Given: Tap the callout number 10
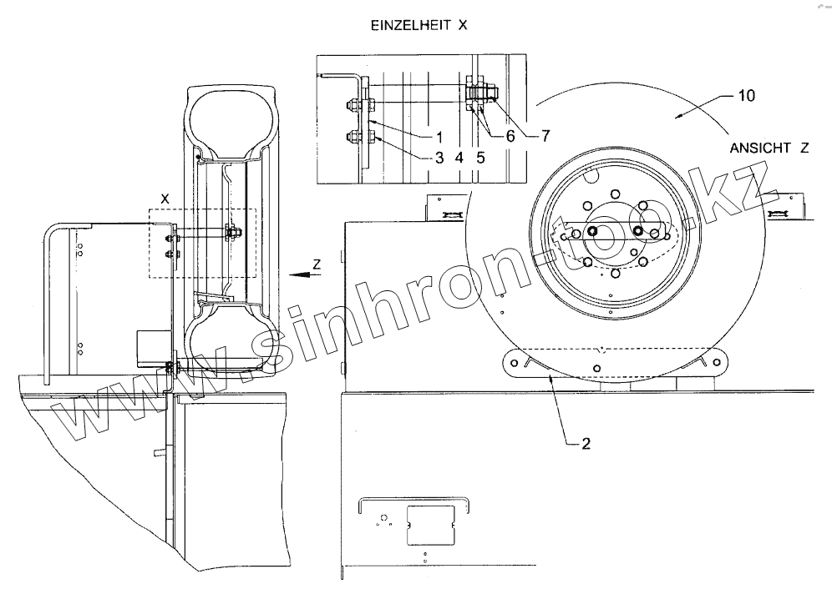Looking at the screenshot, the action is click(746, 96).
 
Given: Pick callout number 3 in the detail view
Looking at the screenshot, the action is click(438, 156).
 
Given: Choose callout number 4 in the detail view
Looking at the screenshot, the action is click(459, 156).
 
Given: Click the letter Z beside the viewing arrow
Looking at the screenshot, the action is click(316, 264).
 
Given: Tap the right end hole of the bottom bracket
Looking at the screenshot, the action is click(715, 360).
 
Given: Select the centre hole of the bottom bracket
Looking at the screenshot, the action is click(596, 368).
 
